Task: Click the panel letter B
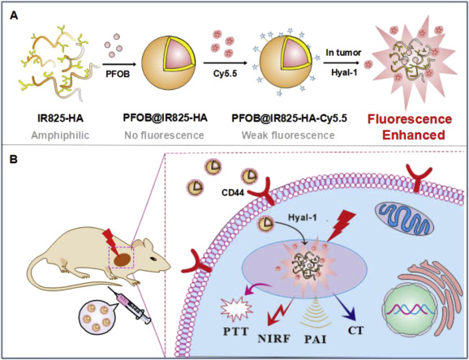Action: point(14,160)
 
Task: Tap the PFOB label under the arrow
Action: point(118,74)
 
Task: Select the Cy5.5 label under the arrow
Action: point(225,73)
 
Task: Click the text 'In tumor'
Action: point(344,53)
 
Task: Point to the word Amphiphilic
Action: point(60,135)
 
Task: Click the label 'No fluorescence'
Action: point(164,135)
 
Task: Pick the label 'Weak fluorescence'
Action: point(288,135)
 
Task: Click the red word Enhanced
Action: point(414,135)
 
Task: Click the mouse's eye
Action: point(153,259)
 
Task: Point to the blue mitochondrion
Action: point(403,220)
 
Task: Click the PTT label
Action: point(235,332)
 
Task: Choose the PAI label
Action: point(315,340)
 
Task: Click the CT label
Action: point(356,331)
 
